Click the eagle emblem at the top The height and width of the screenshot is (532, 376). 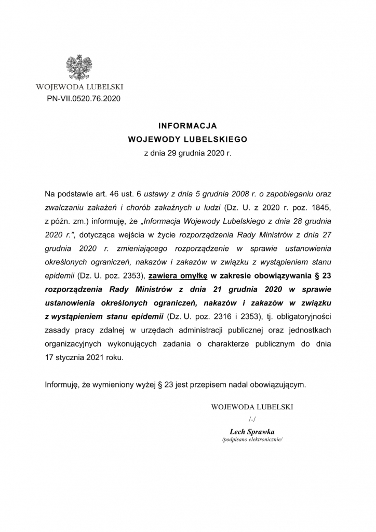click(x=79, y=67)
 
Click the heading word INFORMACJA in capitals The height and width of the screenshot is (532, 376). click(x=187, y=126)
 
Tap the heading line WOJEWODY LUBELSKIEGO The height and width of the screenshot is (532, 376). click(x=187, y=139)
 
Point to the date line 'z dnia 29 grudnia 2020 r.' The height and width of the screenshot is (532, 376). click(x=187, y=153)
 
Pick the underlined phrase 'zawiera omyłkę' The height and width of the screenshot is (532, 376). click(x=178, y=275)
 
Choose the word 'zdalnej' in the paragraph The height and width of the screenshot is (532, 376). click(x=120, y=330)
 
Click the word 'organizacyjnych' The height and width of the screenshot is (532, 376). click(x=72, y=343)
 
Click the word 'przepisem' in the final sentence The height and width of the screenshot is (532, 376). click(x=198, y=385)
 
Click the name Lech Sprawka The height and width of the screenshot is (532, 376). click(x=252, y=431)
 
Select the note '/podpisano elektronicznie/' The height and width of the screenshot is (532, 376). click(x=252, y=440)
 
